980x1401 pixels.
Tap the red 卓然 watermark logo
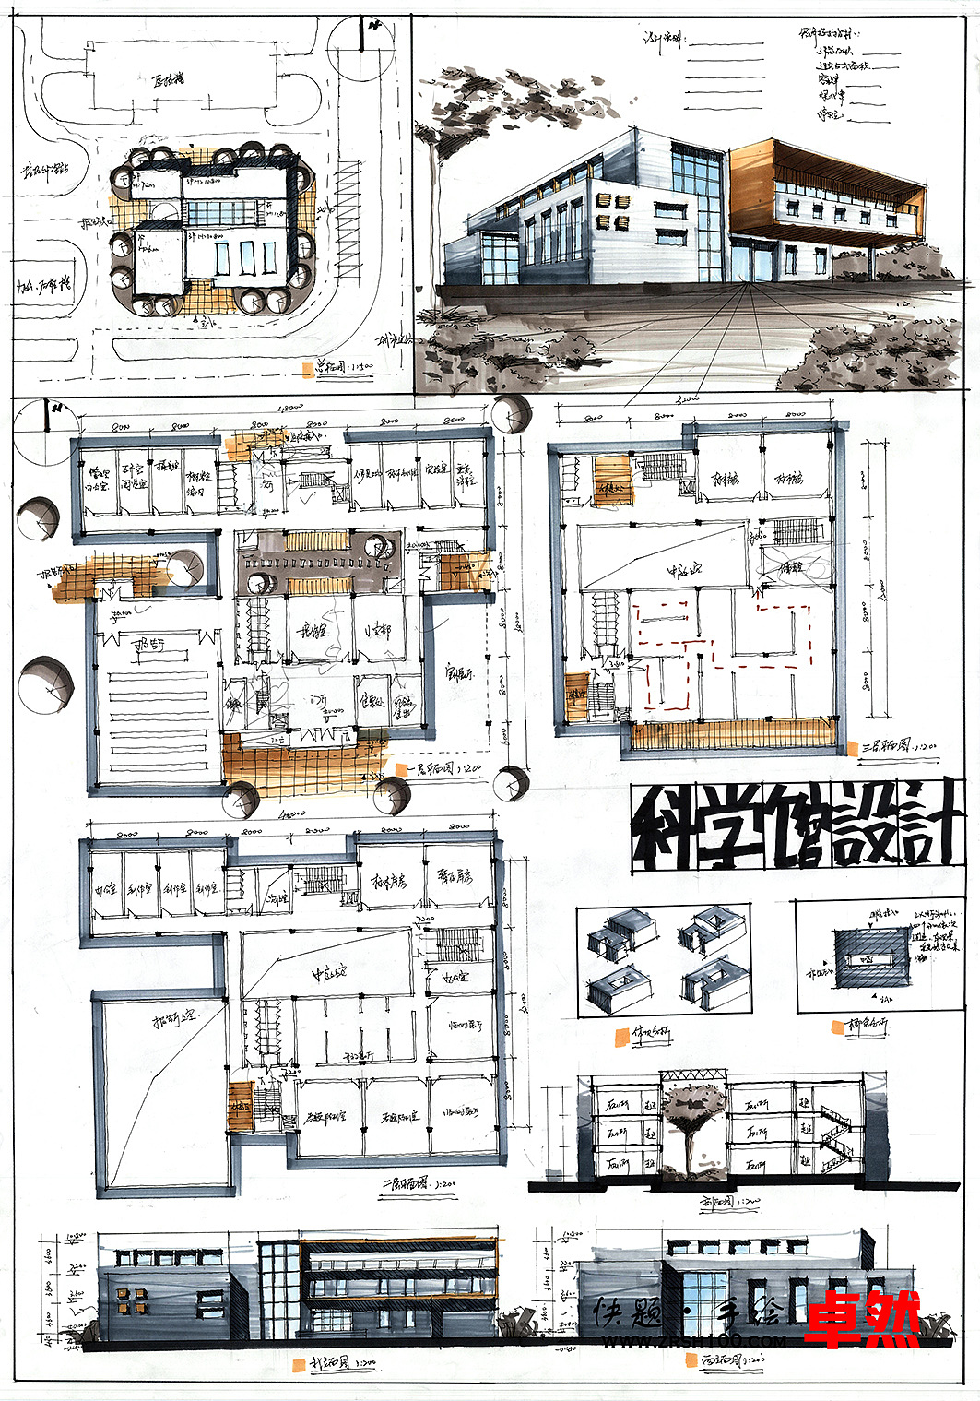pyautogui.click(x=862, y=1320)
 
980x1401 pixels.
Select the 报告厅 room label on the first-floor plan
pyautogui.click(x=148, y=645)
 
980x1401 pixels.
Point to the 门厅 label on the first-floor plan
pyautogui.click(x=319, y=702)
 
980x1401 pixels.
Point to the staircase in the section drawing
pyautogui.click(x=834, y=1134)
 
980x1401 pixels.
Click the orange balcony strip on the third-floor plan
pyautogui.click(x=733, y=735)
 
